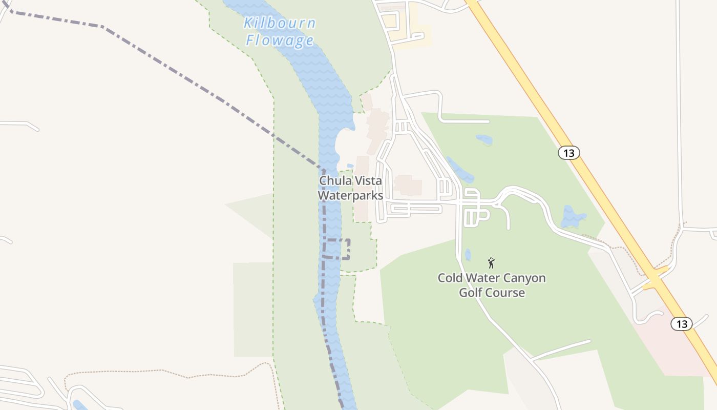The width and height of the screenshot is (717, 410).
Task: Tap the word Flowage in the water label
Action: pyautogui.click(x=280, y=40)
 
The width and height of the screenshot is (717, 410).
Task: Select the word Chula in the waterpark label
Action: pyautogui.click(x=334, y=181)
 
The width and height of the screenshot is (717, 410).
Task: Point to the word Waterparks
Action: pyautogui.click(x=350, y=196)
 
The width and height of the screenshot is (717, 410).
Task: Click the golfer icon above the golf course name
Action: pyautogui.click(x=492, y=263)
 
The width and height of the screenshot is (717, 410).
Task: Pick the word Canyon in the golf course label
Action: pyautogui.click(x=521, y=278)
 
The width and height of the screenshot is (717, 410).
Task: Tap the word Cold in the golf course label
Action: pyautogui.click(x=450, y=278)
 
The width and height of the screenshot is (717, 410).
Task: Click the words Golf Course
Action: pyautogui.click(x=492, y=293)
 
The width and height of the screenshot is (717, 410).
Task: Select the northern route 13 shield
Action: pyautogui.click(x=568, y=153)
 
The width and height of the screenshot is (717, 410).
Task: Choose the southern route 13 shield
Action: pyautogui.click(x=682, y=324)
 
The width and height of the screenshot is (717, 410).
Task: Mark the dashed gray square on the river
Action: pyautogui.click(x=337, y=249)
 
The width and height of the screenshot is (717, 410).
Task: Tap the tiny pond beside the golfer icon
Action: pyautogui.click(x=468, y=255)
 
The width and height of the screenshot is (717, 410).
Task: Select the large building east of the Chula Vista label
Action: pyautogui.click(x=408, y=186)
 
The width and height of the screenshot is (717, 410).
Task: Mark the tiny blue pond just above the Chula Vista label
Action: pyautogui.click(x=350, y=166)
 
